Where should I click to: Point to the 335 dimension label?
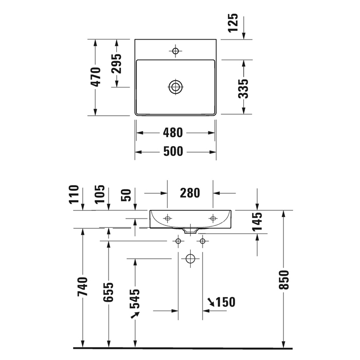244,88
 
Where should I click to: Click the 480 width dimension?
172,133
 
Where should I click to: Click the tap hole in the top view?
175,51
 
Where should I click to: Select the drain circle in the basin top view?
175,86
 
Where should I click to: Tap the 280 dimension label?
190,193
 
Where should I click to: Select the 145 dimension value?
257,221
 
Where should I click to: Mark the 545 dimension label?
135,299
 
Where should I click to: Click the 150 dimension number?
224,302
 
